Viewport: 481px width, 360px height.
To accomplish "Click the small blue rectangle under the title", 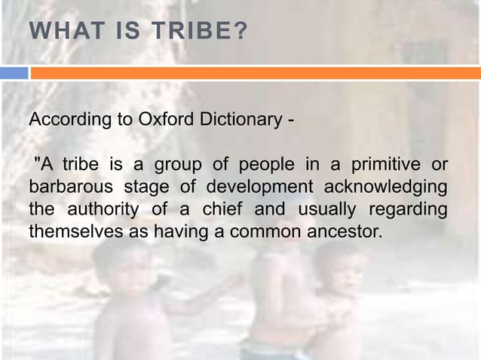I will [x=14, y=73].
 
